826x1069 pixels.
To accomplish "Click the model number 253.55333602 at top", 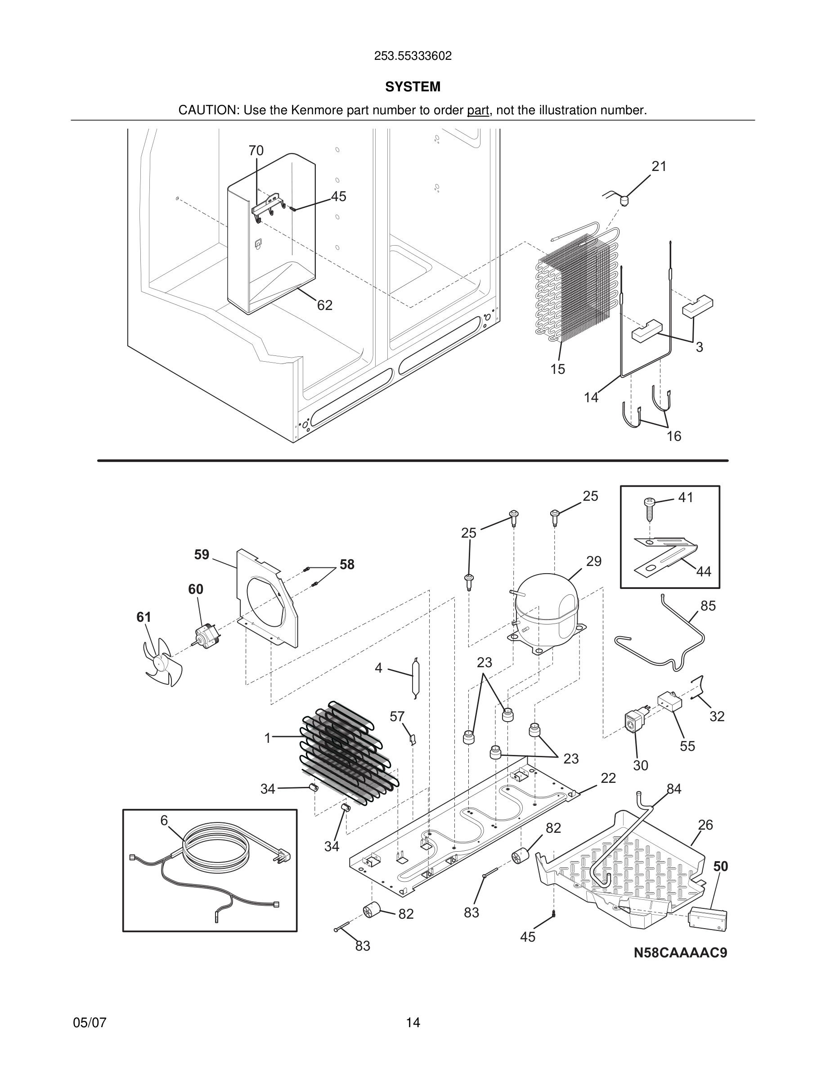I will (413, 56).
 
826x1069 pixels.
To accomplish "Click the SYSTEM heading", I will (413, 87).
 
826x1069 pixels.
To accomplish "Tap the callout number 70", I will (256, 151).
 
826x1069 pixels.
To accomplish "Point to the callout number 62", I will (324, 305).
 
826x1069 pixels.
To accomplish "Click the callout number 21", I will (659, 166).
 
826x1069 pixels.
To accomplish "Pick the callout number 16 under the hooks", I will (674, 436).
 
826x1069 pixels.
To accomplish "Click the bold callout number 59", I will (202, 555).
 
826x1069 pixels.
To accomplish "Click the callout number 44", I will (703, 571).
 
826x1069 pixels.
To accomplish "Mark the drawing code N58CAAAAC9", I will (680, 953).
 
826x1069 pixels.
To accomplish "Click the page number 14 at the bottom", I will (413, 1023).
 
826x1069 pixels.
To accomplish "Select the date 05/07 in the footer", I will (90, 1023).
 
